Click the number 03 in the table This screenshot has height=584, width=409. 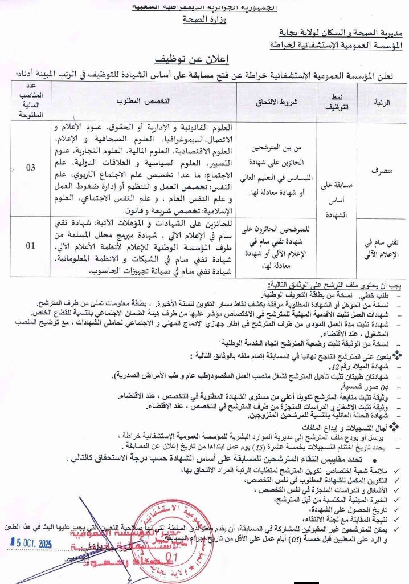pos(31,167)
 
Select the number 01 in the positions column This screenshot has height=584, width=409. pos(31,246)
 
